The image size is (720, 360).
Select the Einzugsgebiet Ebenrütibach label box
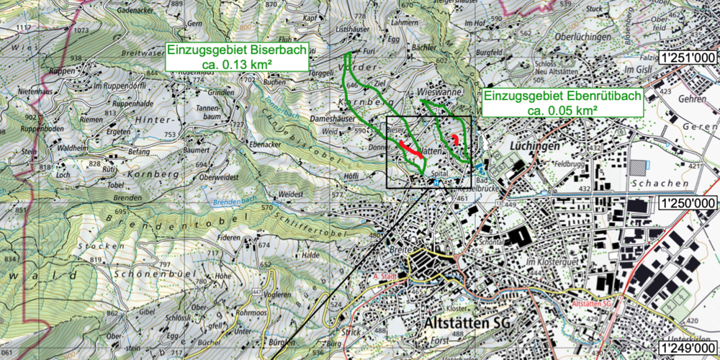coord(562,103)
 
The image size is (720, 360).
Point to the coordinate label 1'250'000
coord(687,204)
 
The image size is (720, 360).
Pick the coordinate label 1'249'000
coord(687,348)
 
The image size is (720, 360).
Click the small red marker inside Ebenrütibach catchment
coord(455,139)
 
